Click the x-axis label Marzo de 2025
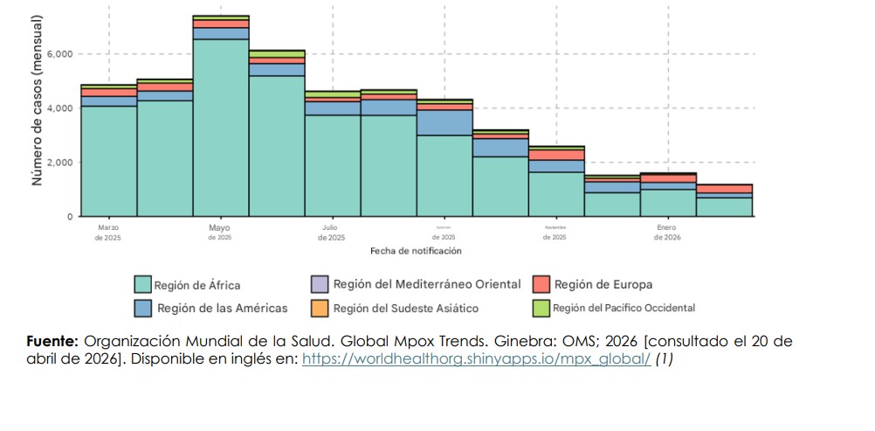click(108, 233)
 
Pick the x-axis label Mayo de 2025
click(220, 233)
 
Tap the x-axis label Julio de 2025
click(332, 233)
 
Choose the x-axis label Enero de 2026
click(666, 233)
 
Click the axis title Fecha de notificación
click(416, 251)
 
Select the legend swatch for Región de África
click(143, 284)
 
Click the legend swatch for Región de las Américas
click(143, 308)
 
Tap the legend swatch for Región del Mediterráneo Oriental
click(320, 284)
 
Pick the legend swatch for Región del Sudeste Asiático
click(320, 308)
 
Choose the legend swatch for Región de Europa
click(541, 284)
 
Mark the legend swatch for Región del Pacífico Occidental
click(541, 308)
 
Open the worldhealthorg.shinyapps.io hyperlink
click(476, 359)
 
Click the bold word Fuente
click(53, 342)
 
